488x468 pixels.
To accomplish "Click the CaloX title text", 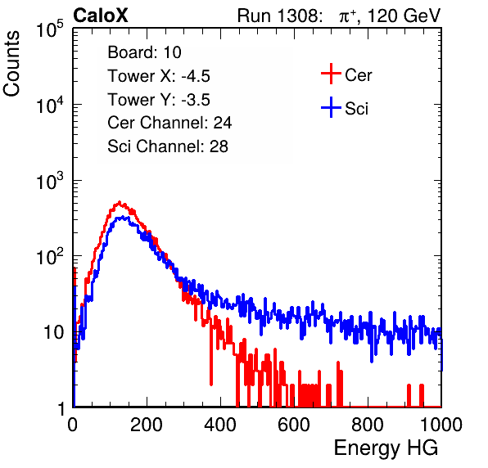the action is point(101,16).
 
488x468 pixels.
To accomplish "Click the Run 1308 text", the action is point(279,16).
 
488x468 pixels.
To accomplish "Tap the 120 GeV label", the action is point(404,16).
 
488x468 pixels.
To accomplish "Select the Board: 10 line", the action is point(144,52).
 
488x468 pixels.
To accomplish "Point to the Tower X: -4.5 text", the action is point(159,76).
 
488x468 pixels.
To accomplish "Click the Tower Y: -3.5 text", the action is point(159,100).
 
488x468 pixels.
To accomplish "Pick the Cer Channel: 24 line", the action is point(169,123).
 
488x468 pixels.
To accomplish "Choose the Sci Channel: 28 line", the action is point(168,146).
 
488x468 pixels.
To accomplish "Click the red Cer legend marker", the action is point(331,74).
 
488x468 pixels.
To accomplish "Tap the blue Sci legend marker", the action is point(331,108).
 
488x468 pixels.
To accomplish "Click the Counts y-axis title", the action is point(11,64).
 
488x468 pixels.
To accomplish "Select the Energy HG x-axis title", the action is point(386,448).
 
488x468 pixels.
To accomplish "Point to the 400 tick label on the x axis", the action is point(220,425).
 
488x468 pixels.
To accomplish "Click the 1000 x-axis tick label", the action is point(441,425).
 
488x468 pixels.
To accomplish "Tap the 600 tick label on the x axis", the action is point(294,425).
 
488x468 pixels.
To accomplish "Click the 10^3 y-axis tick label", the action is point(50,181).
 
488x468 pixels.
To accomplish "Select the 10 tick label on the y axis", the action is point(53,333).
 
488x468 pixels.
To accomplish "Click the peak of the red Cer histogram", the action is point(120,202).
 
